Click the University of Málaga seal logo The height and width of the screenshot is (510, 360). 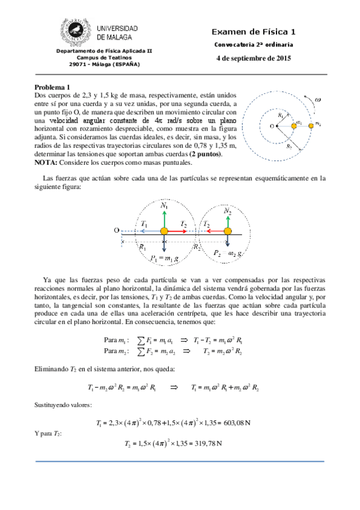(x=75, y=32)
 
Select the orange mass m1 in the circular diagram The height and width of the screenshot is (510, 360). (x=294, y=125)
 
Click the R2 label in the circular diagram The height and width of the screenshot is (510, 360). (x=290, y=145)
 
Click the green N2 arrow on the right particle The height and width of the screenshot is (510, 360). (x=227, y=219)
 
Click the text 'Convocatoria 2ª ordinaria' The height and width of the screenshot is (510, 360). (x=254, y=45)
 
